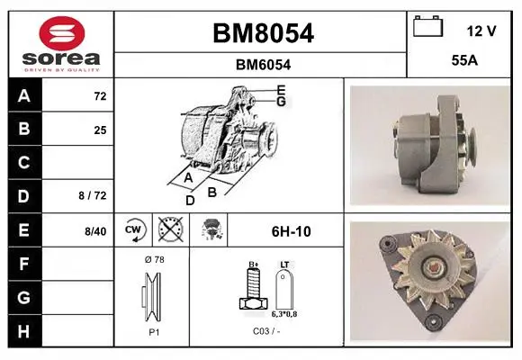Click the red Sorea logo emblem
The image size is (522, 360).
pos(62,33)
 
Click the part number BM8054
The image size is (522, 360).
pos(263,33)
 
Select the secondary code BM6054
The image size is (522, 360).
pos(263,65)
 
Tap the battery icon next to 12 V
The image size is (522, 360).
pos(428,26)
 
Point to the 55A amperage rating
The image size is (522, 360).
pos(464,60)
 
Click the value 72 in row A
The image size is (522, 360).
pos(100,96)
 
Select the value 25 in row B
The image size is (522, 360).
pos(100,130)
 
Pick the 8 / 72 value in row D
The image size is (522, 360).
pos(93,195)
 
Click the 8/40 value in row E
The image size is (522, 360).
pos(95,231)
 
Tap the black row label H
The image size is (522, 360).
pos(24,331)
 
